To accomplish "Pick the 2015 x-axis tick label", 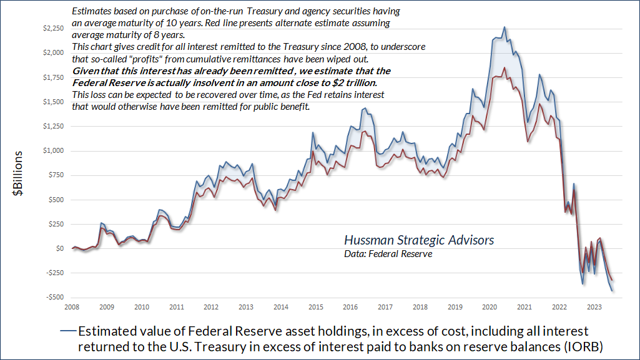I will pyautogui.click(x=315, y=307).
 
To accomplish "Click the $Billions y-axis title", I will pyautogui.click(x=20, y=174).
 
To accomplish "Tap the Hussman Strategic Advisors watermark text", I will pyautogui.click(x=419, y=240).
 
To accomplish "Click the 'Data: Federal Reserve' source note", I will pyautogui.click(x=388, y=254).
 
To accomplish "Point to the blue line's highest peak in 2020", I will pyautogui.click(x=505, y=27).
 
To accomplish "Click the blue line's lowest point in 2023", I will pyautogui.click(x=612, y=291).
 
